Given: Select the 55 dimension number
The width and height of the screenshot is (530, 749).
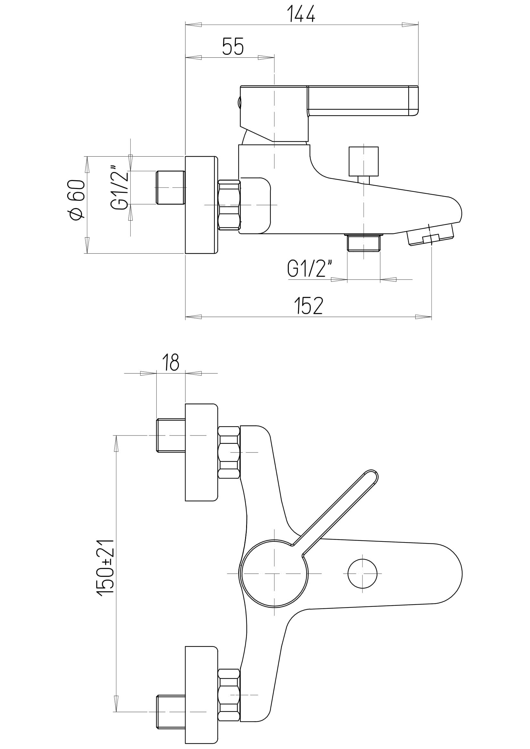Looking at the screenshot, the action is pyautogui.click(x=233, y=46).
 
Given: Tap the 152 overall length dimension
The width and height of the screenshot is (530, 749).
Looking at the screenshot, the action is pyautogui.click(x=308, y=306).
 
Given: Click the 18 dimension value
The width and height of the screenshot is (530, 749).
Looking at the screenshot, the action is pyautogui.click(x=171, y=362).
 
